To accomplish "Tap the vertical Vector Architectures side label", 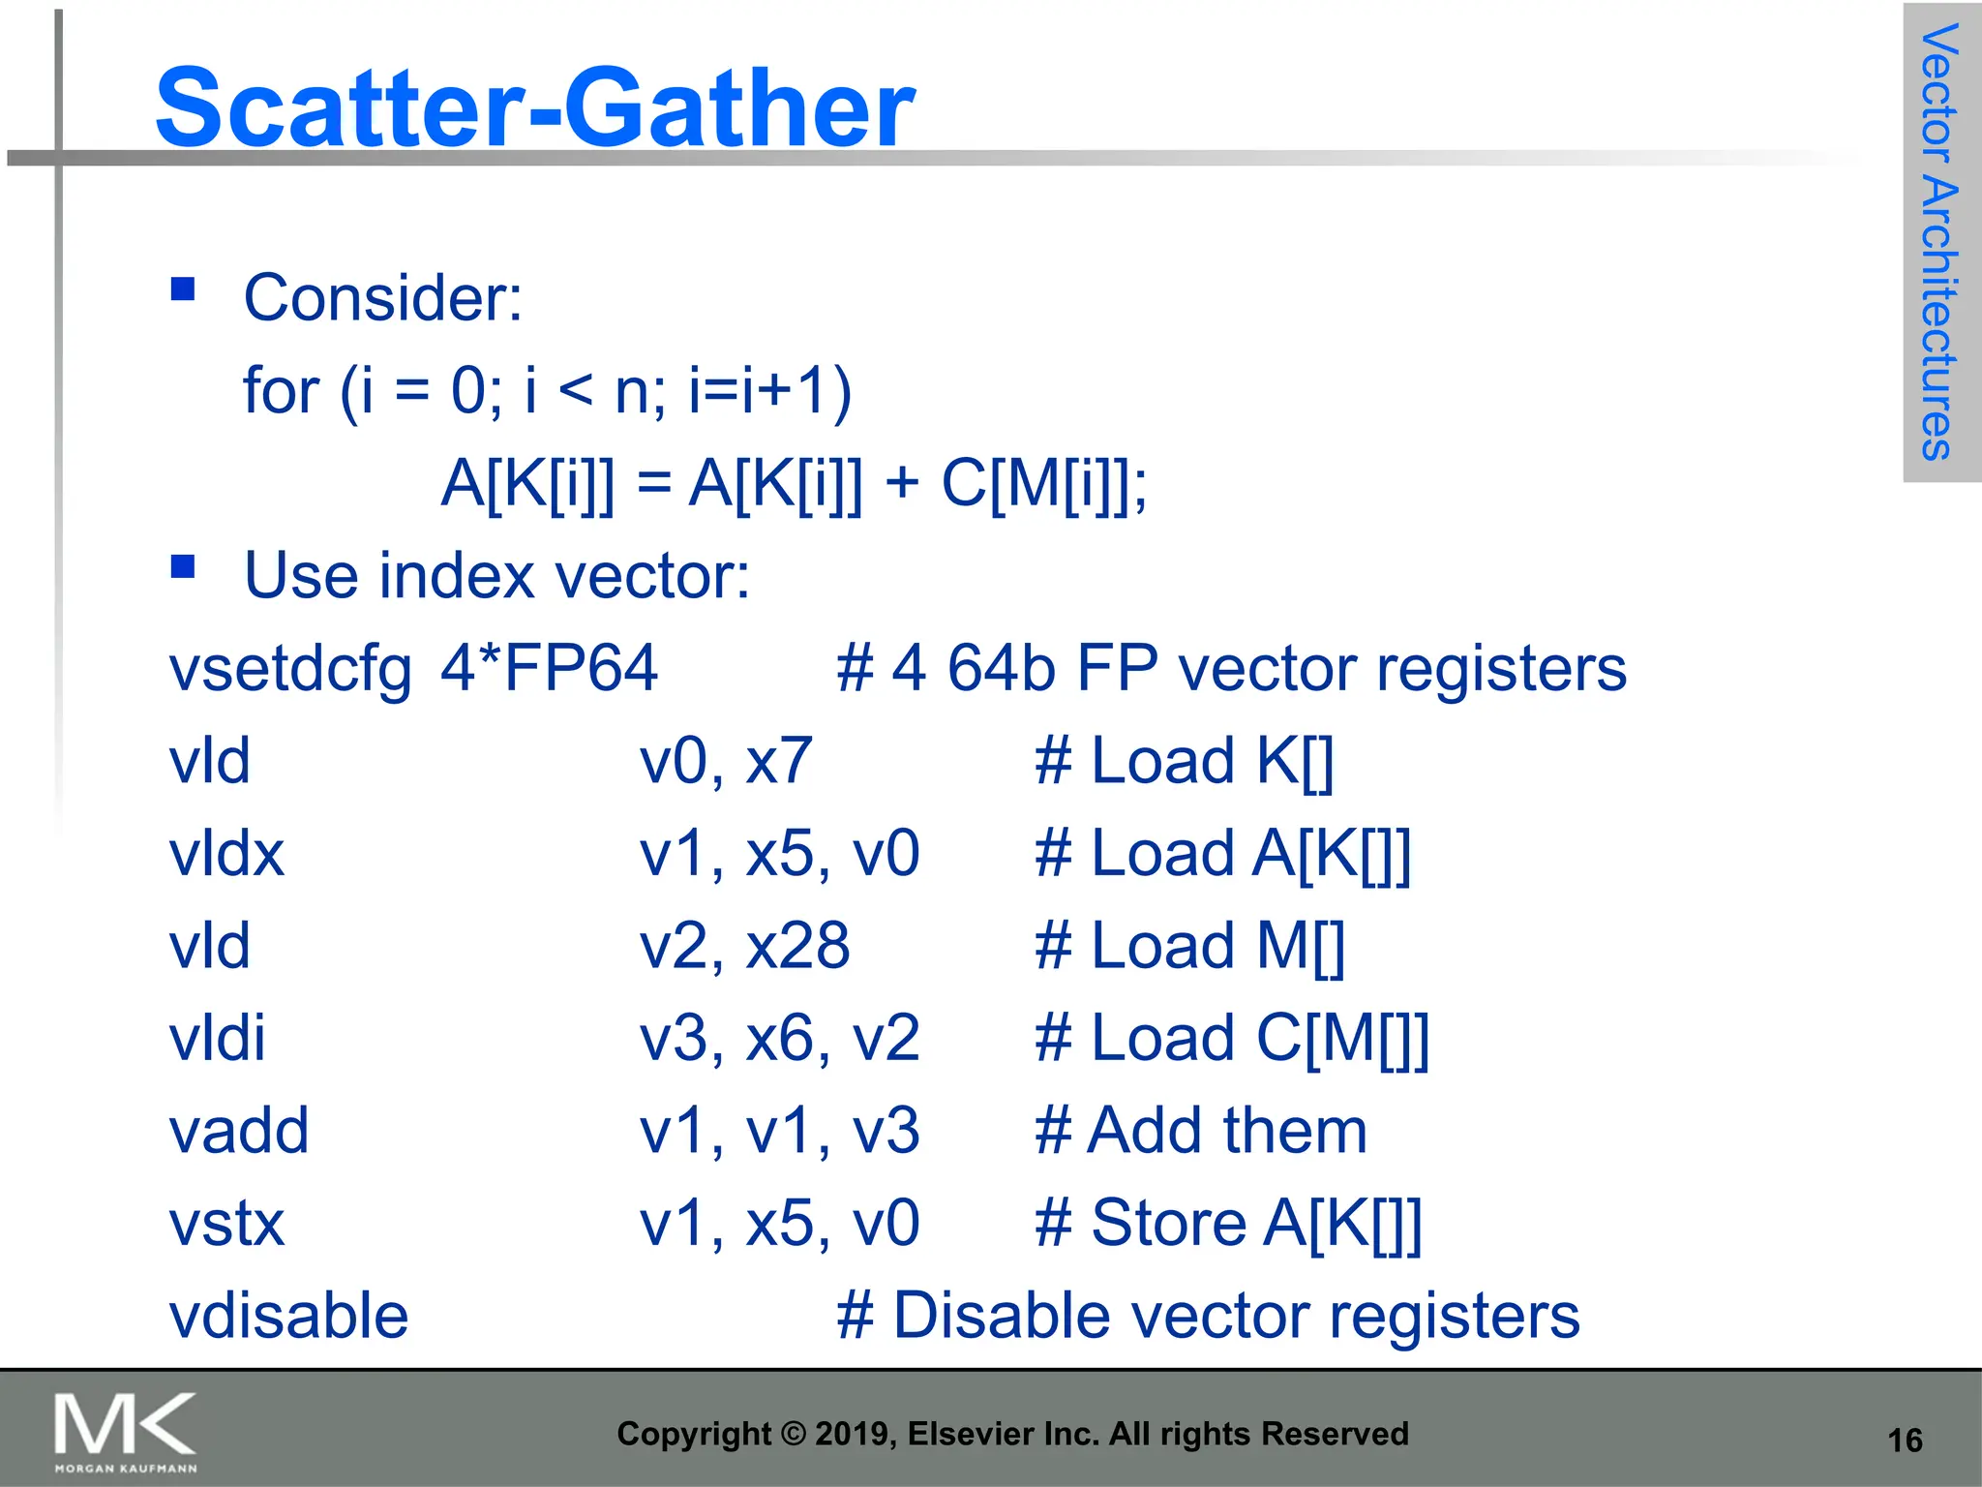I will click(x=1939, y=242).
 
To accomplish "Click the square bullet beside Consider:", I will click(x=183, y=289).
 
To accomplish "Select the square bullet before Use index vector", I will click(x=183, y=566).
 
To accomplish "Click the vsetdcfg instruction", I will click(x=290, y=670).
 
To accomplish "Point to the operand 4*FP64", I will click(x=549, y=668).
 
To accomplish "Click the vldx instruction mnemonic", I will click(x=226, y=854).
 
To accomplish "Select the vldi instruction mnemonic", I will click(x=217, y=1039).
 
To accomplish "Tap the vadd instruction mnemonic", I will click(x=239, y=1131).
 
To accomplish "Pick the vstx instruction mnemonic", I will click(x=226, y=1224).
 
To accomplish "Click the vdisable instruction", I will click(x=288, y=1316).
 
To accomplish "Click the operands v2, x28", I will click(x=744, y=946).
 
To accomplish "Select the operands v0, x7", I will click(x=726, y=761).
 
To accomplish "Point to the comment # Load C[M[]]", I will click(x=1231, y=1039).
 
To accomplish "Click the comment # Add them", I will click(x=1200, y=1131).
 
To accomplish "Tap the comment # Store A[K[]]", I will click(x=1227, y=1224).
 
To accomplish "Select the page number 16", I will click(x=1905, y=1441).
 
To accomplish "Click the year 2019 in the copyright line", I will click(x=847, y=1434).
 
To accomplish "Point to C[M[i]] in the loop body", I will click(x=1043, y=483).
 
